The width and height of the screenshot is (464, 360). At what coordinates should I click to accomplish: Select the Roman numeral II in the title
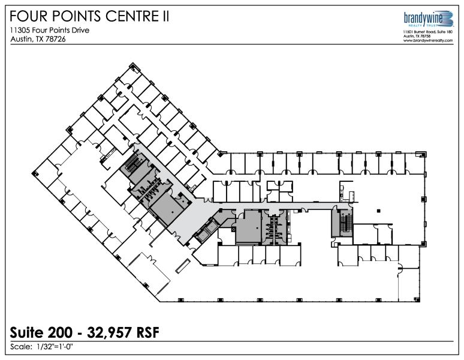[165, 16]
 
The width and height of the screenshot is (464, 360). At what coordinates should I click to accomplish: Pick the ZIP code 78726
[56, 39]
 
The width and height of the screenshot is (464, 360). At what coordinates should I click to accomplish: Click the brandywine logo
[429, 19]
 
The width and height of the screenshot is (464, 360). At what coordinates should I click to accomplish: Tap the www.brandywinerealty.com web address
[428, 41]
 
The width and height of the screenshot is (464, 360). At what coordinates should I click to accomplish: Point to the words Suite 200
[41, 332]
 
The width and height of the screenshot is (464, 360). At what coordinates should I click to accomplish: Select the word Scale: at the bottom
[21, 347]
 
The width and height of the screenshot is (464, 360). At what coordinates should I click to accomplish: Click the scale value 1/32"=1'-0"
[55, 346]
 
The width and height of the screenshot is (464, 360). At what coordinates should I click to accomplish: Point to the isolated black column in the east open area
[378, 211]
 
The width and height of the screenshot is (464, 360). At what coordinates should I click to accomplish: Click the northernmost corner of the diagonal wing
[132, 63]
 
